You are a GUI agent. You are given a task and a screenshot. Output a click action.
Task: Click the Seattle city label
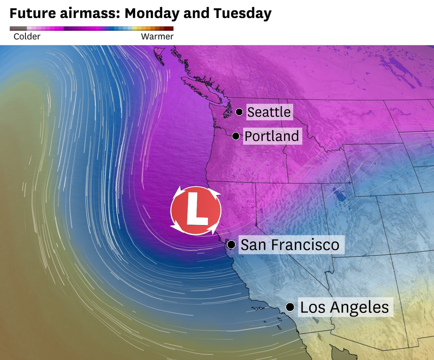pyautogui.click(x=269, y=112)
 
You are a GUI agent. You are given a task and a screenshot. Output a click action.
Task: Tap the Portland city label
pyautogui.click(x=271, y=136)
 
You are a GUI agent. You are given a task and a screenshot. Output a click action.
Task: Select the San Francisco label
pyautogui.click(x=290, y=245)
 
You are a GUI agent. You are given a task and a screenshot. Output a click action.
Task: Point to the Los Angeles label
pyautogui.click(x=344, y=307)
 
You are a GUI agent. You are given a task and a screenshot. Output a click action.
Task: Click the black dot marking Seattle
pyautogui.click(x=239, y=112)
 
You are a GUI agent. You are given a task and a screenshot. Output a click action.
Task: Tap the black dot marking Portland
pyautogui.click(x=236, y=136)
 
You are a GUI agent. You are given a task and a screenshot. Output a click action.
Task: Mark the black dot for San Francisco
pyautogui.click(x=231, y=245)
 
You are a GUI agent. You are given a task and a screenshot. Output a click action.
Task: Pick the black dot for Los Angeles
pyautogui.click(x=290, y=307)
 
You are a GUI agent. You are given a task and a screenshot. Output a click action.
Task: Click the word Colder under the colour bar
pyautogui.click(x=27, y=36)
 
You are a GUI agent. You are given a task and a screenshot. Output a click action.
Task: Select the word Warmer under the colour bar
pyautogui.click(x=157, y=36)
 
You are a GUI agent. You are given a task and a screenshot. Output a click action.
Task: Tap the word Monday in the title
pyautogui.click(x=152, y=13)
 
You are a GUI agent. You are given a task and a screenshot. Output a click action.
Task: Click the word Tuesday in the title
pyautogui.click(x=242, y=13)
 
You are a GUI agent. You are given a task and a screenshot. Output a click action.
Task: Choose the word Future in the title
pyautogui.click(x=33, y=13)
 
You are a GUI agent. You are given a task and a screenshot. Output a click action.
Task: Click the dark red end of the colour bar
pyautogui.click(x=170, y=29)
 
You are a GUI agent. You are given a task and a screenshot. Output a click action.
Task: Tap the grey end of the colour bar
pyautogui.click(x=15, y=29)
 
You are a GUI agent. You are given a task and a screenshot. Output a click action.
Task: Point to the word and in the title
pyautogui.click(x=196, y=13)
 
